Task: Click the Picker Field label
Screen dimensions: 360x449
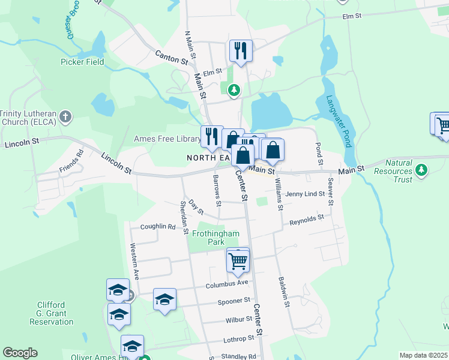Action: coord(82,62)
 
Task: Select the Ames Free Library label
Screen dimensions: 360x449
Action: coord(166,139)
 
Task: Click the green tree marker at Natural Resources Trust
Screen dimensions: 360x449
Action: coord(422,170)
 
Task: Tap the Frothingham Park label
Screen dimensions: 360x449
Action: coord(208,238)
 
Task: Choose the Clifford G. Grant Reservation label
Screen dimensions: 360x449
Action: coord(51,313)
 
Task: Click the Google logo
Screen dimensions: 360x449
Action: coord(20,353)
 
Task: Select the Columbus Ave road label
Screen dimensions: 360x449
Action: coord(228,283)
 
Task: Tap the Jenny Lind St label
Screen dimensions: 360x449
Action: coord(305,194)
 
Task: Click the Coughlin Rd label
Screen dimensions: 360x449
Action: coord(157,227)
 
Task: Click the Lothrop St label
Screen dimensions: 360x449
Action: coord(231,340)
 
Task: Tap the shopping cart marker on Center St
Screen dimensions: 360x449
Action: coord(238,261)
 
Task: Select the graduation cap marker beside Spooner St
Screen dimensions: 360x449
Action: coord(164,299)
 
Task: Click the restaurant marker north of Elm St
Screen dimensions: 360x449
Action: coord(241,50)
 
